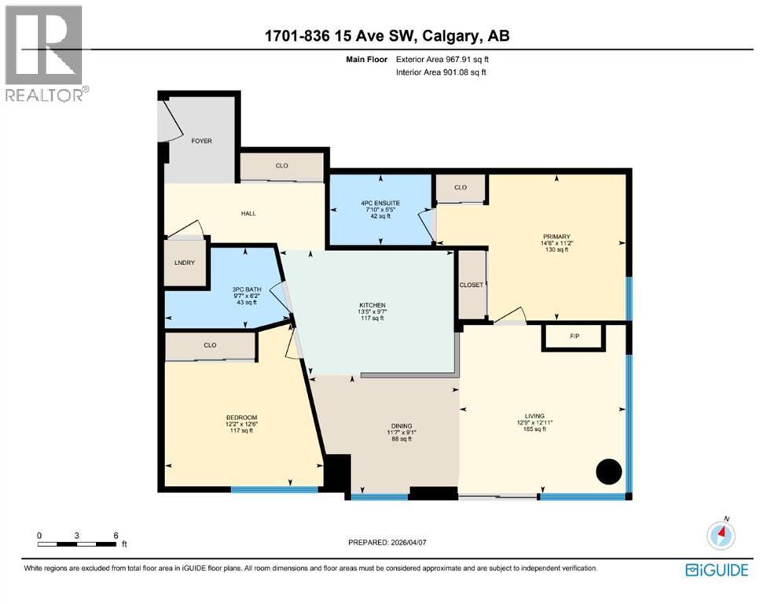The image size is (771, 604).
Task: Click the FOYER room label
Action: coord(202,142)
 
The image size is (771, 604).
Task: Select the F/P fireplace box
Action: coord(575,337)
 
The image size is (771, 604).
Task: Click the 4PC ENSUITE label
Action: coord(380,203)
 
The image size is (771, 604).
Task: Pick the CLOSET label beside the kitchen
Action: coord(472,285)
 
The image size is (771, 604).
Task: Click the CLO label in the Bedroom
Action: coord(210,344)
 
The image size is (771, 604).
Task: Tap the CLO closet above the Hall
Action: coord(282,166)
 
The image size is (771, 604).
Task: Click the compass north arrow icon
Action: coord(721,535)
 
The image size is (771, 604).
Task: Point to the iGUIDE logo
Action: coord(716,570)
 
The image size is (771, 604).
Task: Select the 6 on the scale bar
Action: coord(116,535)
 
